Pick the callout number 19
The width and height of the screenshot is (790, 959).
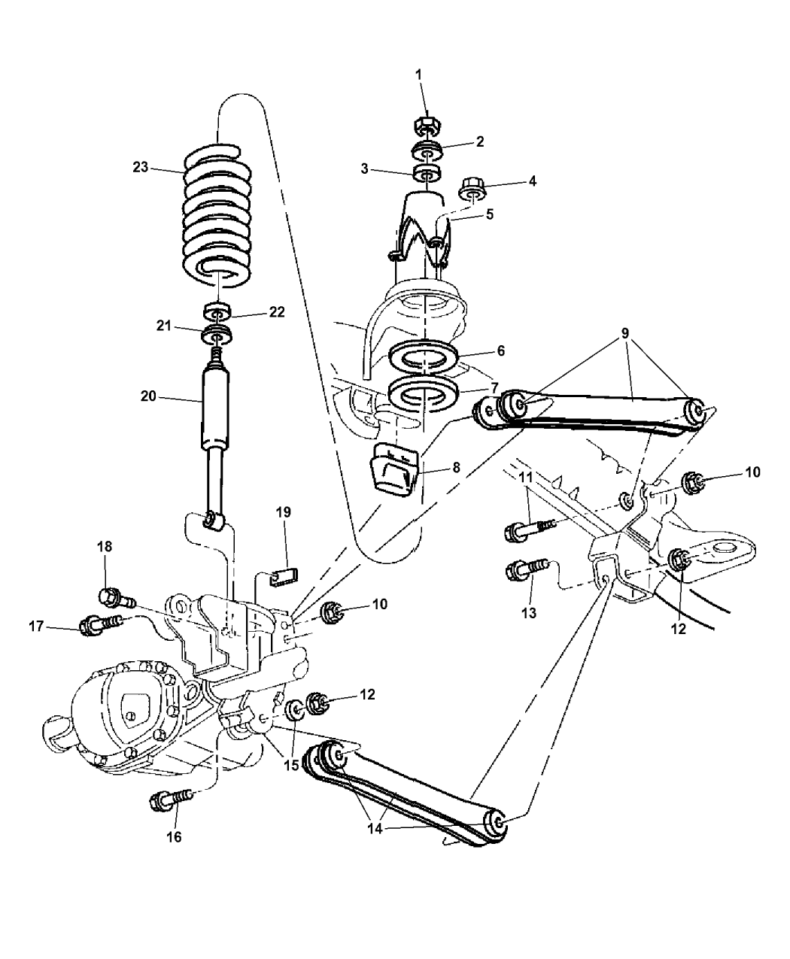pos(283,513)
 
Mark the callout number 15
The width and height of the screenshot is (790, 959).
pos(289,765)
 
